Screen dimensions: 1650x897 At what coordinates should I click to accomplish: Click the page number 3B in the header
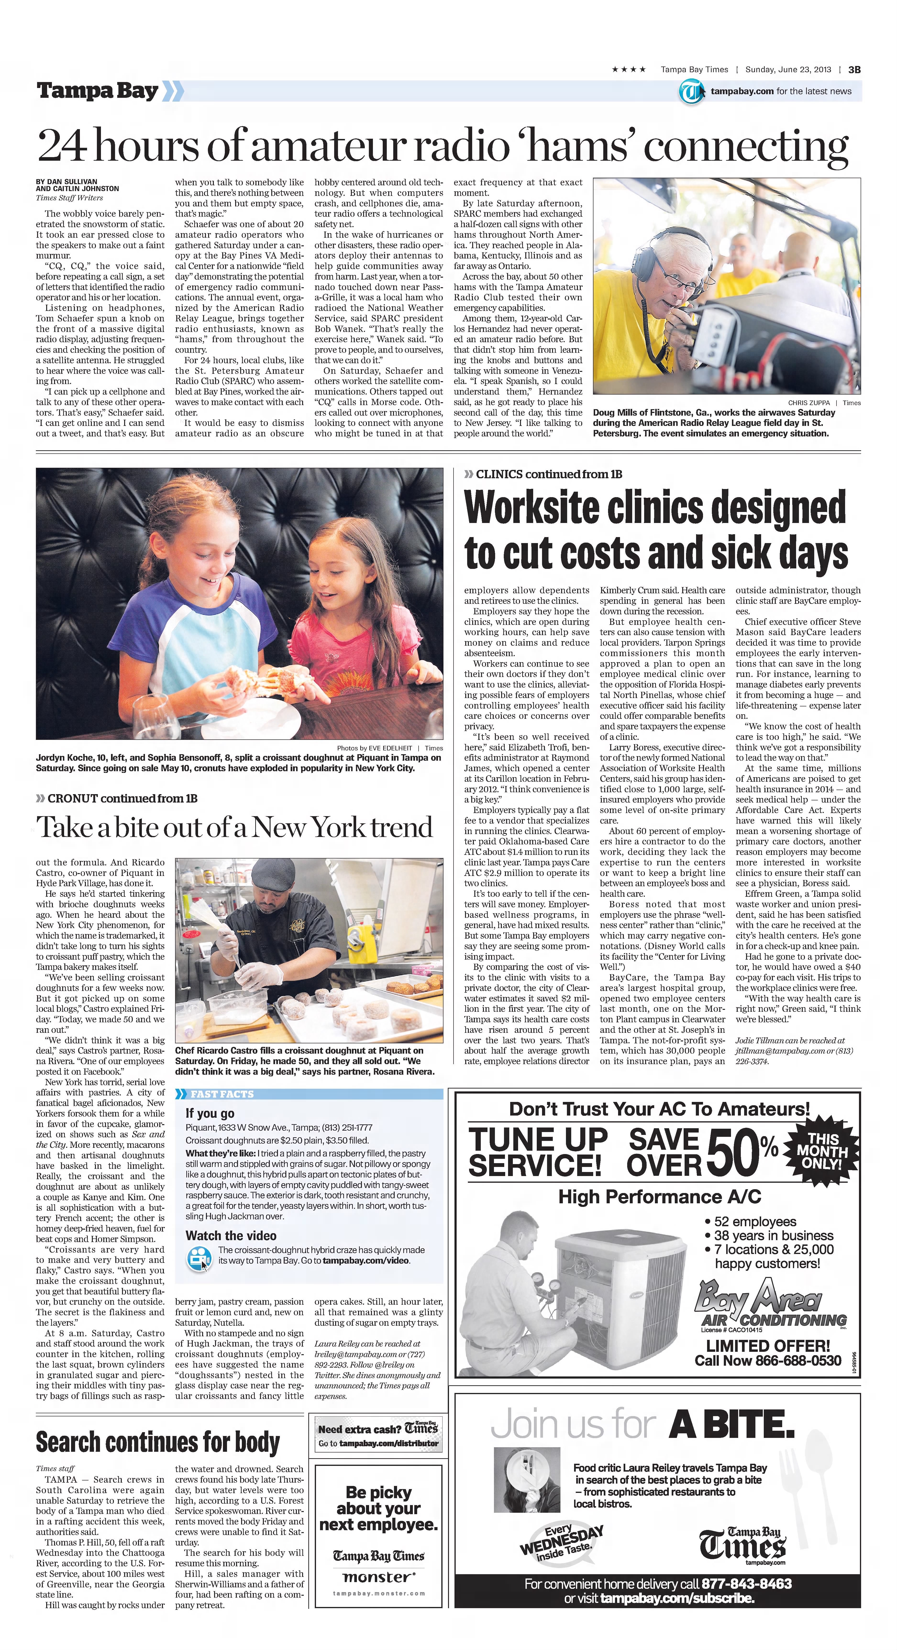[854, 70]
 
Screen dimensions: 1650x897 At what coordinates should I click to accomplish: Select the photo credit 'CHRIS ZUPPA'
[808, 403]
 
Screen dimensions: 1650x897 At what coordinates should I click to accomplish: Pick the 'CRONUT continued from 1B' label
[122, 799]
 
